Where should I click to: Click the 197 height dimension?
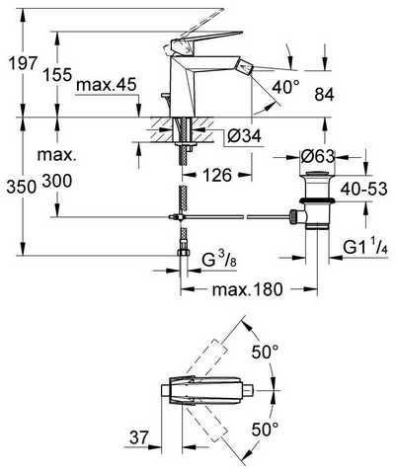point(23,63)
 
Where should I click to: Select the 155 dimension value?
point(58,75)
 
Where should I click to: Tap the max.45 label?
point(106,85)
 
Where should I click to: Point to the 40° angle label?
point(286,87)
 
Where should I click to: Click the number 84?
point(324,95)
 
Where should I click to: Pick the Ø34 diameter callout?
point(244,135)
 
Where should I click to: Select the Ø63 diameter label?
point(317,156)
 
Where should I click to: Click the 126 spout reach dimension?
point(217,175)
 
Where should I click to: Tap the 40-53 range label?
point(363,190)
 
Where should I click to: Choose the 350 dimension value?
point(22,188)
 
